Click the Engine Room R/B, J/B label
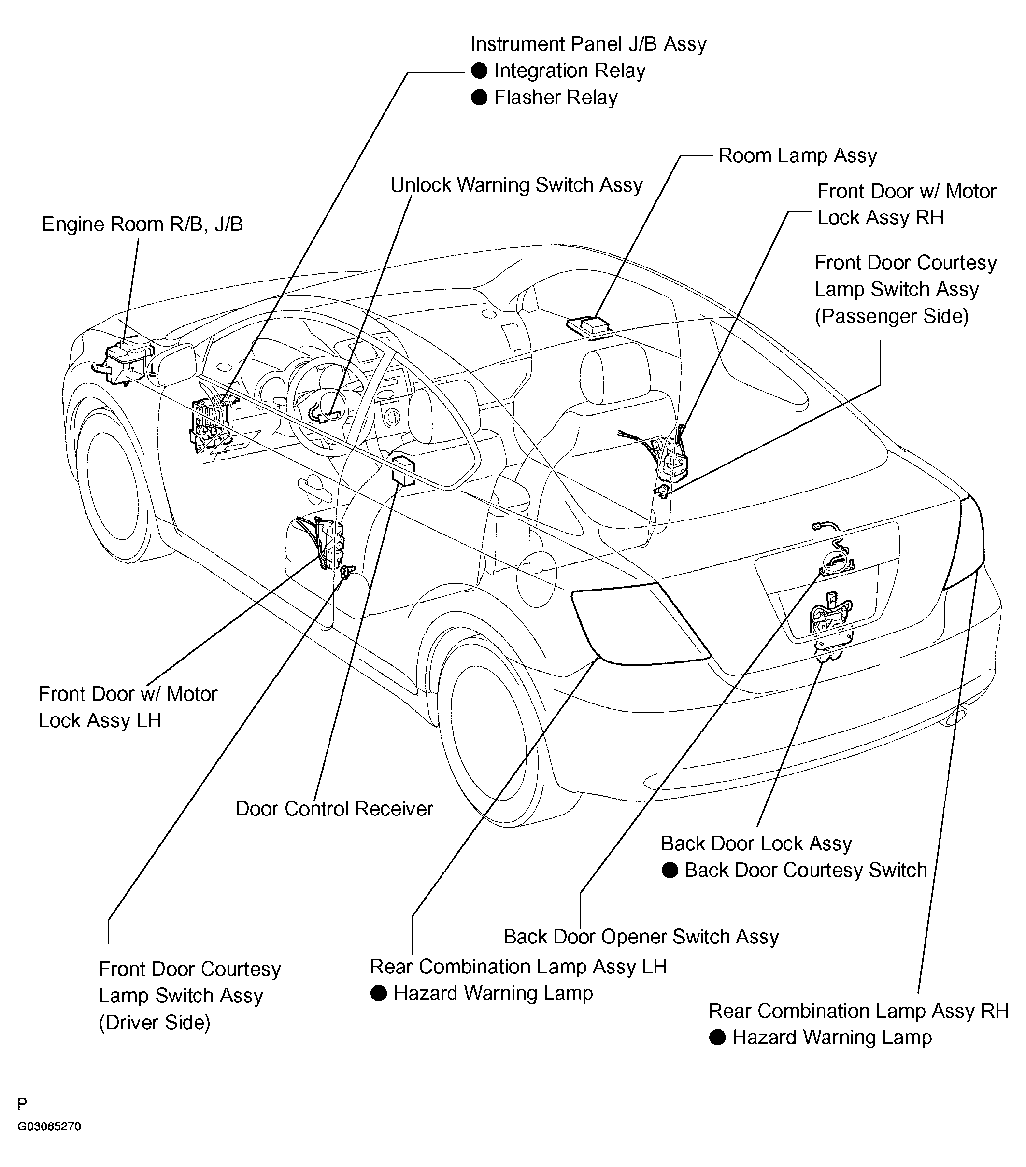click(142, 225)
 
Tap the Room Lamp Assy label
click(797, 155)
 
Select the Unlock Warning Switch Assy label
click(516, 185)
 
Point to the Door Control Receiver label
click(334, 809)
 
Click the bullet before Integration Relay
click(479, 71)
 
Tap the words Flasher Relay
click(556, 98)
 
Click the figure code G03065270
click(49, 1126)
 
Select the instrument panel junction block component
click(210, 422)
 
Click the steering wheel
click(326, 400)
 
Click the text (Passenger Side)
click(891, 316)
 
